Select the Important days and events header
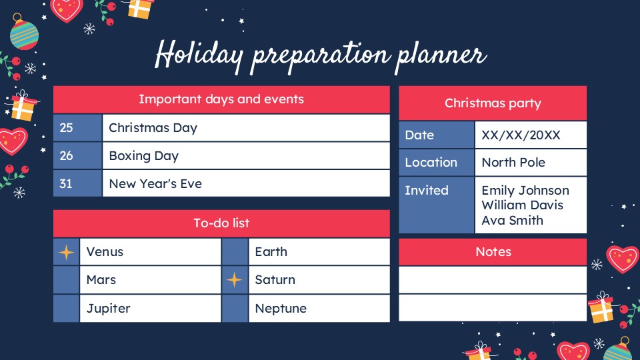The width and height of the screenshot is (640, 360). (221, 99)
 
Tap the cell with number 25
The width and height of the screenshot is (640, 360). (67, 128)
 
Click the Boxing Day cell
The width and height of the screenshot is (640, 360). (144, 156)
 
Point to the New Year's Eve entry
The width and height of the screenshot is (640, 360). (155, 183)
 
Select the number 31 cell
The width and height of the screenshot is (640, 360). (66, 183)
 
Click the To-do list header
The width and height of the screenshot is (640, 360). (221, 223)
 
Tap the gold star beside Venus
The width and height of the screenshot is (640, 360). (66, 252)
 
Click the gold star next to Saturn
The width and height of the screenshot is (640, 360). (234, 280)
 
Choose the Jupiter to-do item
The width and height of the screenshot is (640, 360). (108, 308)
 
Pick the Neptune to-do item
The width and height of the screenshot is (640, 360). (281, 308)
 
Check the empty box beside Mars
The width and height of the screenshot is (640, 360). (66, 280)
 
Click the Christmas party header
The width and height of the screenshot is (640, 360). (493, 103)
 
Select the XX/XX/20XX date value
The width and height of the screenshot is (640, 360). (521, 135)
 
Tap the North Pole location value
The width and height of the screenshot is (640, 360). (513, 163)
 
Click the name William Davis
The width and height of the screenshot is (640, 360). (522, 205)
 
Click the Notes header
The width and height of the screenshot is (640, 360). (493, 252)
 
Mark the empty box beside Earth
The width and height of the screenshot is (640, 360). (234, 252)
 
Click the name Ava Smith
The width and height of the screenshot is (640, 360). (512, 220)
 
